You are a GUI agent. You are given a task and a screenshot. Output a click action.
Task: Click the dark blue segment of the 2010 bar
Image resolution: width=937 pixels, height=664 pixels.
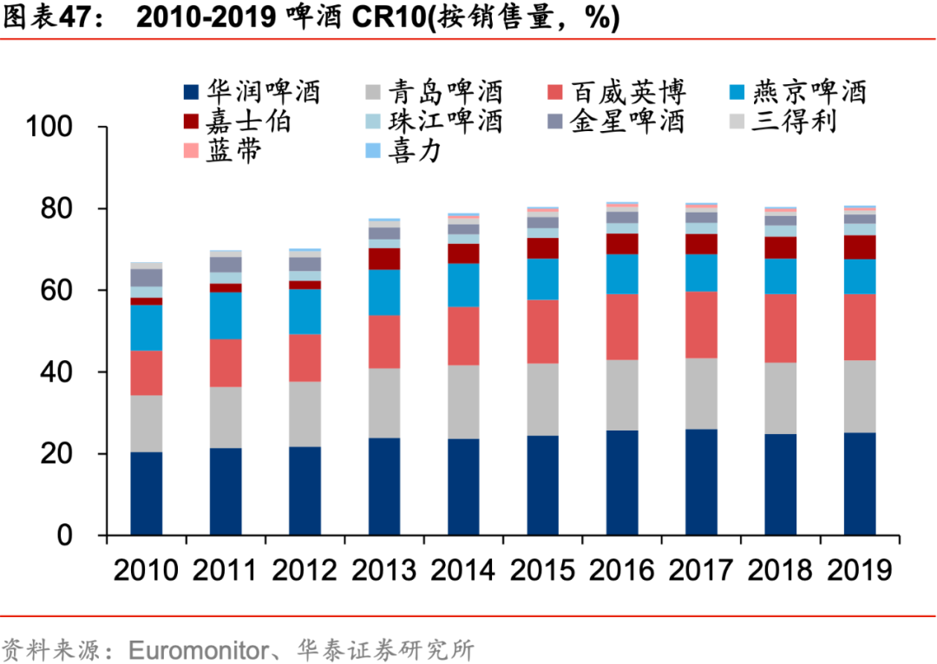[146, 493]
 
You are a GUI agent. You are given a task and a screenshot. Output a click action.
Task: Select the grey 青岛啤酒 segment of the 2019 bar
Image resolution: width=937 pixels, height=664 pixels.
[860, 396]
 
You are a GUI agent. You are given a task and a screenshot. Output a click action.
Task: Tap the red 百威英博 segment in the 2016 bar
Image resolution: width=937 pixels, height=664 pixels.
[622, 327]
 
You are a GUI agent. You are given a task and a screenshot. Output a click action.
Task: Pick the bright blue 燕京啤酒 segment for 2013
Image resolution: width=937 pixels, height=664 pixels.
[383, 293]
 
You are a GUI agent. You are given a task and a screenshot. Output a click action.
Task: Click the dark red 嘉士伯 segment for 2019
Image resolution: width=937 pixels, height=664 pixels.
[860, 247]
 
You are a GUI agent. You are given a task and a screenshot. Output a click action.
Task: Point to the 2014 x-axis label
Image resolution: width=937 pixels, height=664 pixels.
[462, 569]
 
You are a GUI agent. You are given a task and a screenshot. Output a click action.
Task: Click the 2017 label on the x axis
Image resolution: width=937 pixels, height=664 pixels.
[701, 569]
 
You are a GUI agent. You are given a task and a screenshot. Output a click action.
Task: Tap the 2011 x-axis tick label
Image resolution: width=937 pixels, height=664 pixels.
[225, 569]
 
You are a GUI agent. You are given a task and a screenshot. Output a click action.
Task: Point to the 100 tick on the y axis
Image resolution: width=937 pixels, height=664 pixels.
[62, 128]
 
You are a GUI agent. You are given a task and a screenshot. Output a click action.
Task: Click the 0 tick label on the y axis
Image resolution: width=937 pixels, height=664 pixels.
[86, 536]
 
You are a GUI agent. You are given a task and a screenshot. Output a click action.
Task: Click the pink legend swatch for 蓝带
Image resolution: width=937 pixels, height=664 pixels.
[190, 152]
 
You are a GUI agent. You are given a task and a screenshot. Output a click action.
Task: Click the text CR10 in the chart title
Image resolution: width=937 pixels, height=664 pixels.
[385, 19]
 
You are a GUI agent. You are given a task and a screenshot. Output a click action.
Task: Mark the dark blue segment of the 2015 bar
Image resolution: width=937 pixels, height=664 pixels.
[542, 485]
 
